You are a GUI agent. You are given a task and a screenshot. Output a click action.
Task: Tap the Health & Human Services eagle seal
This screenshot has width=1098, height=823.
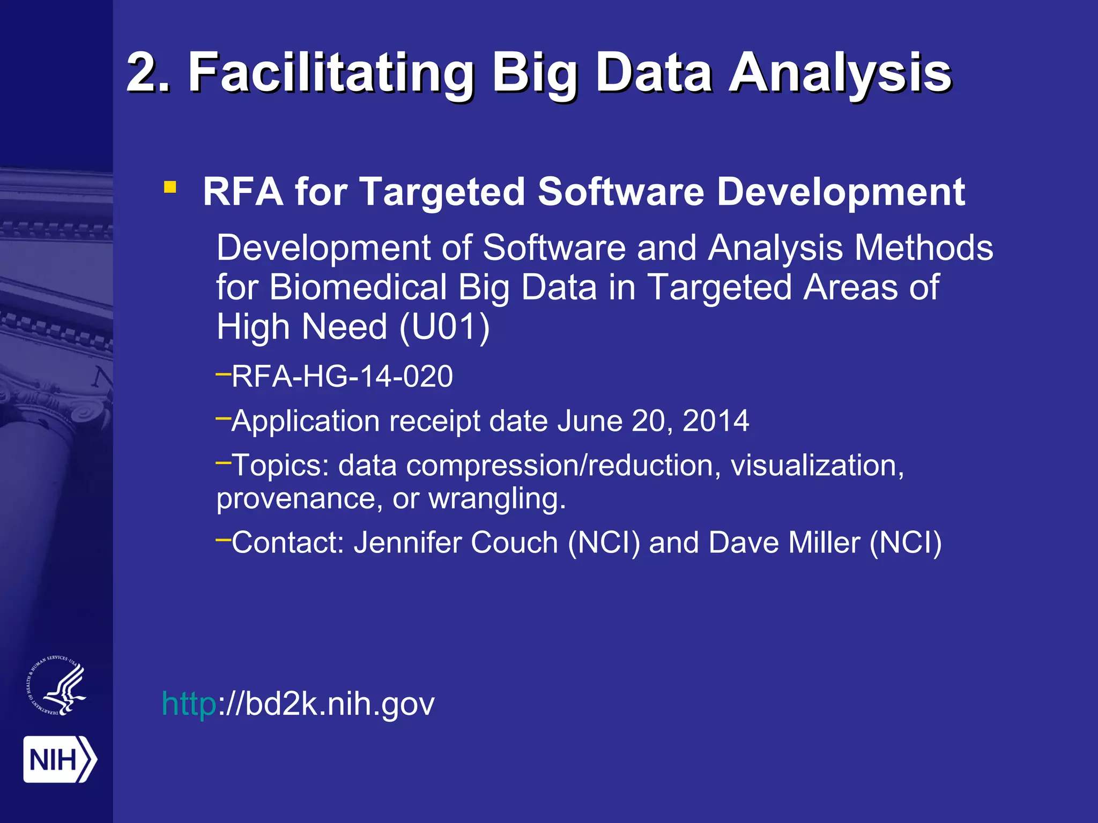(57, 685)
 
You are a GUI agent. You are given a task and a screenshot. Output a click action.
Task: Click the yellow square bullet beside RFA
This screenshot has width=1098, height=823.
(170, 187)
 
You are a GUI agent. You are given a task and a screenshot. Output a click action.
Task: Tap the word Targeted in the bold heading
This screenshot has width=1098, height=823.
(442, 191)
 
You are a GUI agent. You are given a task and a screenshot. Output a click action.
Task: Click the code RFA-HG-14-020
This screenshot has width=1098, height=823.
(342, 376)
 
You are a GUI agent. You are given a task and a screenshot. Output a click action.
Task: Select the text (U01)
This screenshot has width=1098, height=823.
(444, 327)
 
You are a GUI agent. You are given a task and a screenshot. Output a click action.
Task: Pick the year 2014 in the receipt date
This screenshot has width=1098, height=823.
(716, 421)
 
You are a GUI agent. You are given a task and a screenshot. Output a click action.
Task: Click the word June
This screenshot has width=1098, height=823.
(589, 421)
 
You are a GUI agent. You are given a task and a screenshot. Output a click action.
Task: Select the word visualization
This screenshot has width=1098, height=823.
(817, 465)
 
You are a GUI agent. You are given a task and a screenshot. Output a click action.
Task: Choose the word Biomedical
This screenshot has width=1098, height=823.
(358, 288)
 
